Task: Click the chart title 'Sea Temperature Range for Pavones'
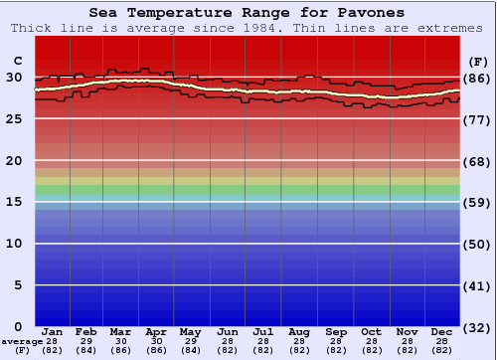pos(247,13)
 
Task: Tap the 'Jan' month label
pos(53,331)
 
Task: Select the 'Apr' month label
pos(156,331)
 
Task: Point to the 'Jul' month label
pos(263,331)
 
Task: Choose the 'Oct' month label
pos(371,331)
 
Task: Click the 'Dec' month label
pos(442,331)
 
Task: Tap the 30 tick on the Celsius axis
pos(14,78)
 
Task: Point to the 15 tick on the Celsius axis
pos(14,202)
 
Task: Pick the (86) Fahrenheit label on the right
pos(477,78)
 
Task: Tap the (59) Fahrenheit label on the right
pos(477,202)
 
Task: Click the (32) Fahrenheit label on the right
pos(477,327)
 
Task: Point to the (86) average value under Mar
pos(120,351)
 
